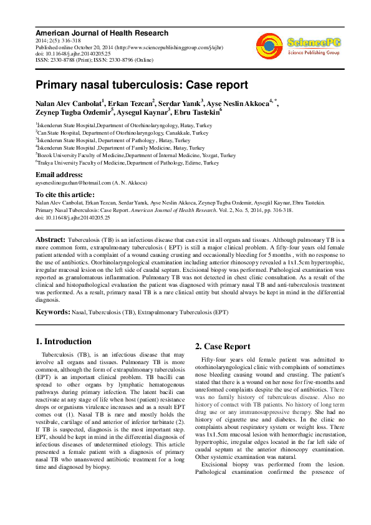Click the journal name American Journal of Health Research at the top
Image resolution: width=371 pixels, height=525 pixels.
(x=102, y=32)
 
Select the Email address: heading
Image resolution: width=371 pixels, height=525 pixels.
(x=59, y=175)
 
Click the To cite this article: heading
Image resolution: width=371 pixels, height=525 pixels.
(x=65, y=195)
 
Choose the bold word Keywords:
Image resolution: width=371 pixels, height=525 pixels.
(x=53, y=311)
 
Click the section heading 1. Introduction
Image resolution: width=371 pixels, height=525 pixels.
(x=64, y=341)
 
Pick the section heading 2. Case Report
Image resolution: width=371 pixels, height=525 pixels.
(x=223, y=347)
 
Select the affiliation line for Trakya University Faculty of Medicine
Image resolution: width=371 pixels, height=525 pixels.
(x=128, y=163)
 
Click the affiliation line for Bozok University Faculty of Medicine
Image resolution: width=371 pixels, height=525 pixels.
(x=136, y=155)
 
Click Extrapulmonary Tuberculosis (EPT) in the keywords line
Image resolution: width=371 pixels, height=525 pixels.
(x=183, y=311)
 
